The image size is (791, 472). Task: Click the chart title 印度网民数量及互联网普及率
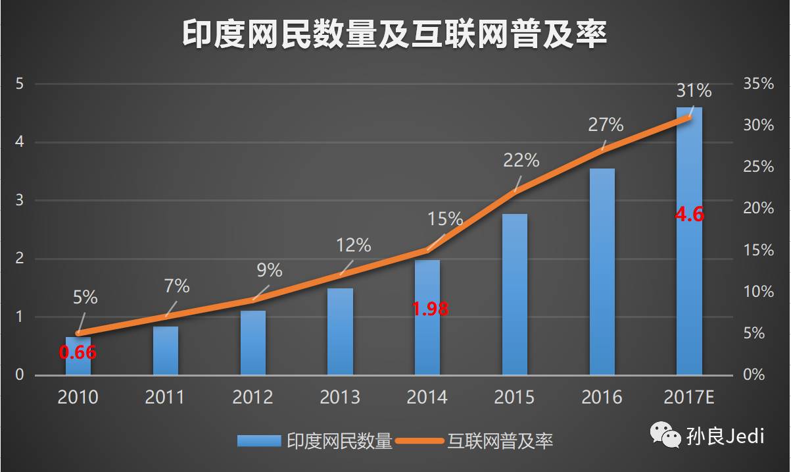pos(395,34)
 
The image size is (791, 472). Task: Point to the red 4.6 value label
pos(690,215)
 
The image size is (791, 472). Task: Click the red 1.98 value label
pos(430,308)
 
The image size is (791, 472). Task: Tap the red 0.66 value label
pos(78,352)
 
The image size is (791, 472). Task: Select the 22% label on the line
pos(521,160)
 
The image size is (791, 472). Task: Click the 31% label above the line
pos(694,90)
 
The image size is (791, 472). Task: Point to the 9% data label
pos(270,270)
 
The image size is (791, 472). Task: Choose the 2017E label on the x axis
pos(690,397)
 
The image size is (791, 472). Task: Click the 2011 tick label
pos(165,397)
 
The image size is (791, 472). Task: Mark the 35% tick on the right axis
pos(758,84)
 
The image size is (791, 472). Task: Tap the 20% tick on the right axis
pos(758,209)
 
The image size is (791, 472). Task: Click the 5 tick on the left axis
pos(20,84)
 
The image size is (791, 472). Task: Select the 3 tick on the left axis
pos(20,200)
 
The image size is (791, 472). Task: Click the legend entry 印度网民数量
pos(315,440)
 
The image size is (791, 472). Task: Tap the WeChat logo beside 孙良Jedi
pos(665,435)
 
